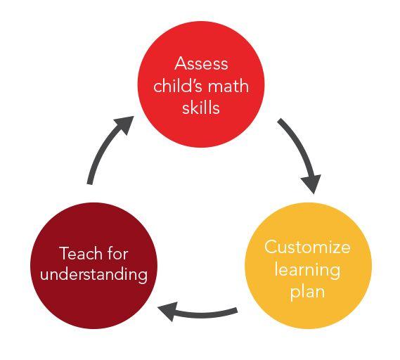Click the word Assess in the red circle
[x=201, y=63]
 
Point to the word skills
[x=201, y=107]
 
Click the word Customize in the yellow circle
[x=307, y=247]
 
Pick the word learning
[x=307, y=270]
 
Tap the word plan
[x=307, y=292]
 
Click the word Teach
[x=80, y=253]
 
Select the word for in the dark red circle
[x=117, y=253]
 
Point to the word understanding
[x=94, y=275]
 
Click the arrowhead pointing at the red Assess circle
[x=124, y=124]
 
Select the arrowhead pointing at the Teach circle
[x=168, y=311]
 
